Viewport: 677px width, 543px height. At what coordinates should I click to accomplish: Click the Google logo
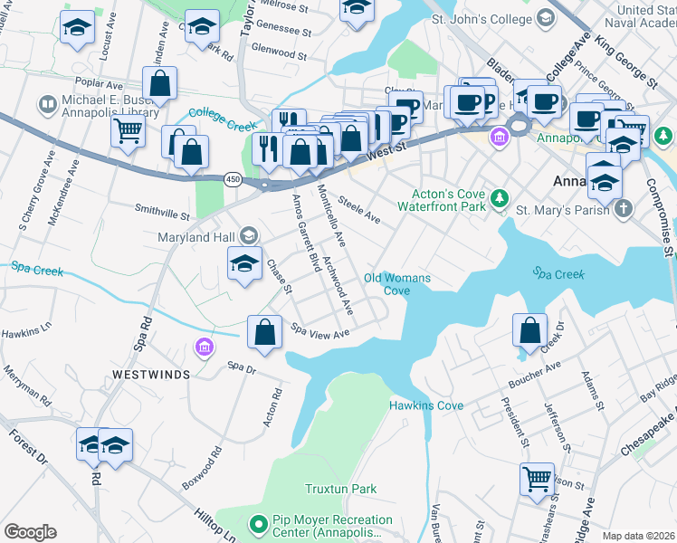tap(30, 532)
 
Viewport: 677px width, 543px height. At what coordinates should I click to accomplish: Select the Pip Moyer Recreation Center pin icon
tap(258, 524)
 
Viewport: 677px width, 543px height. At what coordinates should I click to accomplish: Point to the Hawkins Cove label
tap(426, 405)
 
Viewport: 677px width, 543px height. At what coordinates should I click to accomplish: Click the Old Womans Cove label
tap(396, 284)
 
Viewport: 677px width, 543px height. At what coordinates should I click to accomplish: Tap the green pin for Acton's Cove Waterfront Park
tap(498, 197)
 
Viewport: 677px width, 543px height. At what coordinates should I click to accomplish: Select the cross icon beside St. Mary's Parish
tap(622, 210)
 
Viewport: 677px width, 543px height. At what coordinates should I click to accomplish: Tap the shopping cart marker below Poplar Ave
tap(128, 130)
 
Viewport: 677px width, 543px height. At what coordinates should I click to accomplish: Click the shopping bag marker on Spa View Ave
tap(263, 331)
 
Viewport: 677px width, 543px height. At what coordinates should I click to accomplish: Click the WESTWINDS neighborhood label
tap(151, 374)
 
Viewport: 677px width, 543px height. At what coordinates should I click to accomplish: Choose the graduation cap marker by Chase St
tap(244, 264)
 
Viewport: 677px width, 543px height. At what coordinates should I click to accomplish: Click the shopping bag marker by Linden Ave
tap(159, 83)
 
